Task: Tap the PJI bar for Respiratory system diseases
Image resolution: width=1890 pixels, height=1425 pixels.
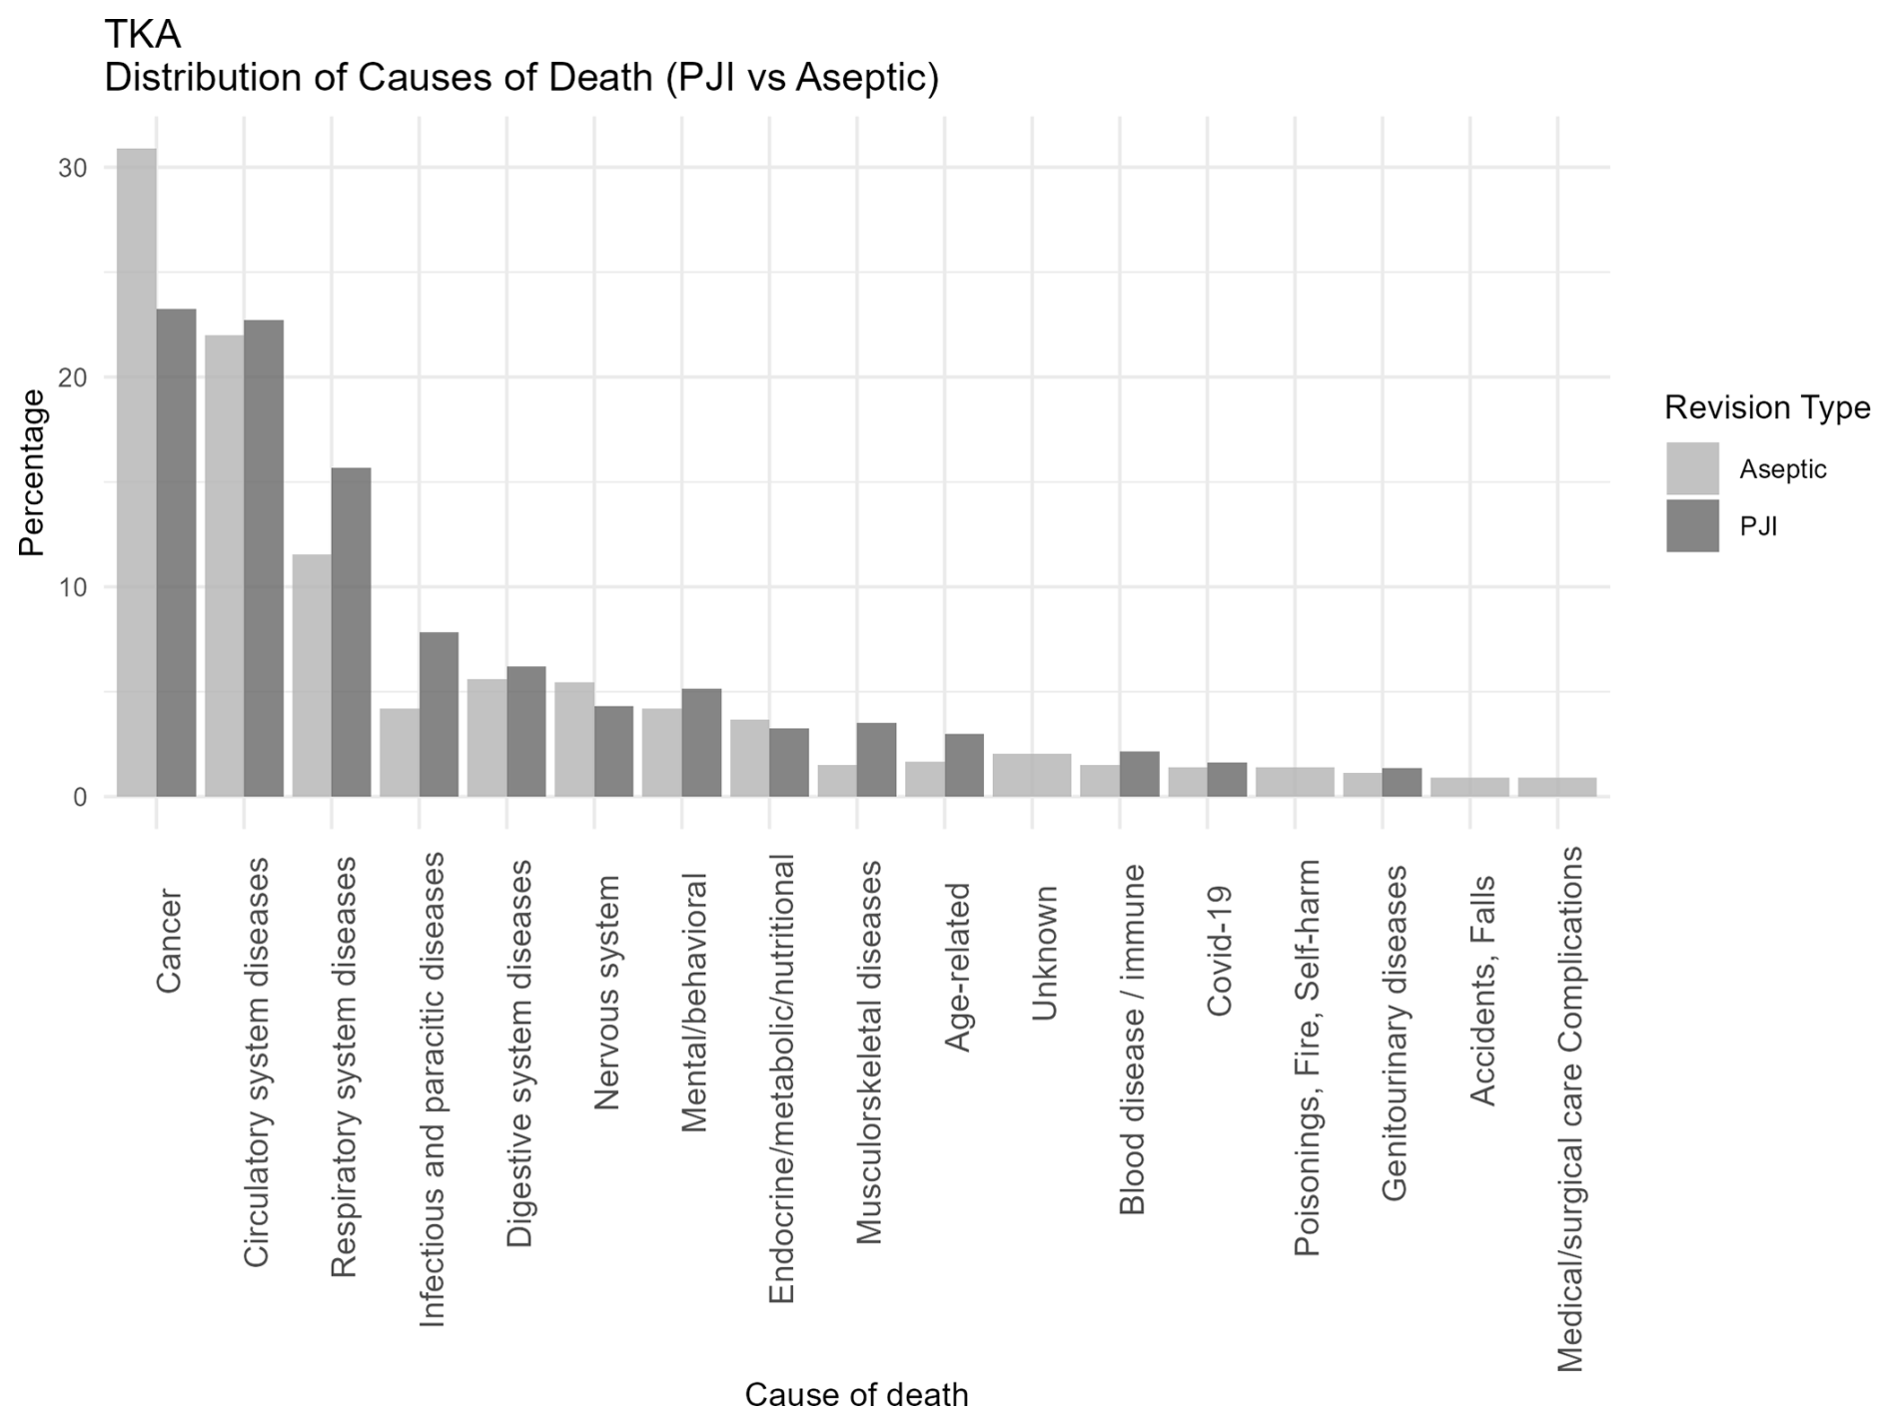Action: point(351,631)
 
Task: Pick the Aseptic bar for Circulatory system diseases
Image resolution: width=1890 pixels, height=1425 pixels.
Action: point(224,565)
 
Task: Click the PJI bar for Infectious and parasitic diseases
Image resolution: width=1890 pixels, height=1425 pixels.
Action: point(439,714)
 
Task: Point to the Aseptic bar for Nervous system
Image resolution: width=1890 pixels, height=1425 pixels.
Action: point(574,739)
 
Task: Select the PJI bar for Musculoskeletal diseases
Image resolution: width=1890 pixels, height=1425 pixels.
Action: point(876,759)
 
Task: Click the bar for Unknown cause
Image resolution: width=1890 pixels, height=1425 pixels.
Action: point(1032,775)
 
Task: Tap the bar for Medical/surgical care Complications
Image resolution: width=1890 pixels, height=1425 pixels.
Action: point(1557,787)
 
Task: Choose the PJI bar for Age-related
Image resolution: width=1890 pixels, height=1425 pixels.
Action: point(964,765)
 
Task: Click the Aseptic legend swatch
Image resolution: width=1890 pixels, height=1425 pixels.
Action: point(1692,468)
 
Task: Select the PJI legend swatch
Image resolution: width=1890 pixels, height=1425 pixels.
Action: point(1692,525)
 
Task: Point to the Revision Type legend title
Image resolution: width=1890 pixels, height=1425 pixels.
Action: point(1766,407)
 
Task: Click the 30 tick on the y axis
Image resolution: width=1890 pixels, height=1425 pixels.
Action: point(73,168)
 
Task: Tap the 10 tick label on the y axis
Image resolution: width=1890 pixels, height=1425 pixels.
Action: point(73,587)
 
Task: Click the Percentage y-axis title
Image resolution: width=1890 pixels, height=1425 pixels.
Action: point(32,472)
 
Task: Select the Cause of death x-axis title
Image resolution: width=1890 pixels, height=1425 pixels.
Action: point(856,1394)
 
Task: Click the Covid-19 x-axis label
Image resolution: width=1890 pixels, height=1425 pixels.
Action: point(1220,951)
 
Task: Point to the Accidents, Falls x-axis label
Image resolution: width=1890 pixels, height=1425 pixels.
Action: point(1482,991)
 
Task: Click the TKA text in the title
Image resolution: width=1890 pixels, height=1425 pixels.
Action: point(143,35)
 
